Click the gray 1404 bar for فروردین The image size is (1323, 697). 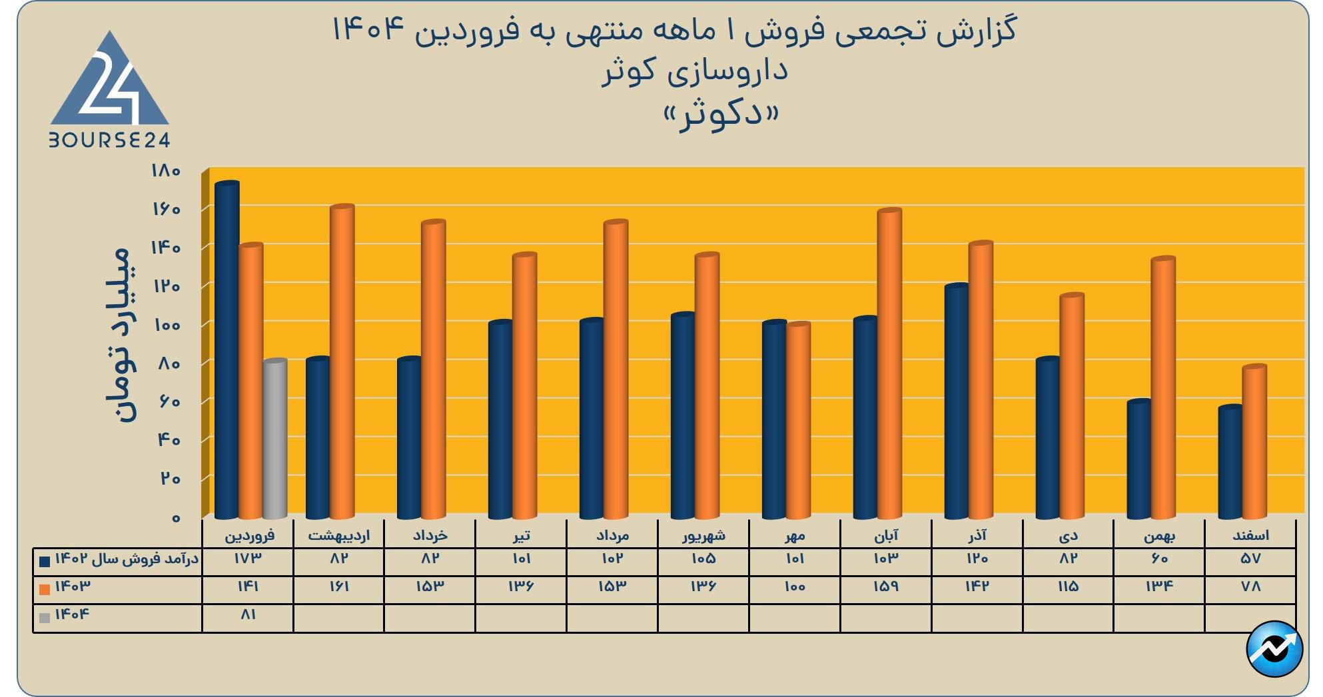(x=274, y=439)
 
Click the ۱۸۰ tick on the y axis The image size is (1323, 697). (x=167, y=171)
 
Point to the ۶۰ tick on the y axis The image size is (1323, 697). (x=169, y=402)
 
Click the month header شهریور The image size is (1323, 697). (x=703, y=535)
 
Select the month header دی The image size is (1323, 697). (x=1068, y=535)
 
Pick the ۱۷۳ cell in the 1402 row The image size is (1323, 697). (x=247, y=559)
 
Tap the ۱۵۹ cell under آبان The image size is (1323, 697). (x=885, y=587)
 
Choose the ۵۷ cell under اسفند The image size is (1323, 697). (x=1250, y=559)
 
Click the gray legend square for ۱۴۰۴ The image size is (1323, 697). (x=45, y=617)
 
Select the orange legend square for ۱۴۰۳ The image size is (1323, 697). (x=45, y=589)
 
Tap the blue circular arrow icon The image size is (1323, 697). (x=1274, y=649)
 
